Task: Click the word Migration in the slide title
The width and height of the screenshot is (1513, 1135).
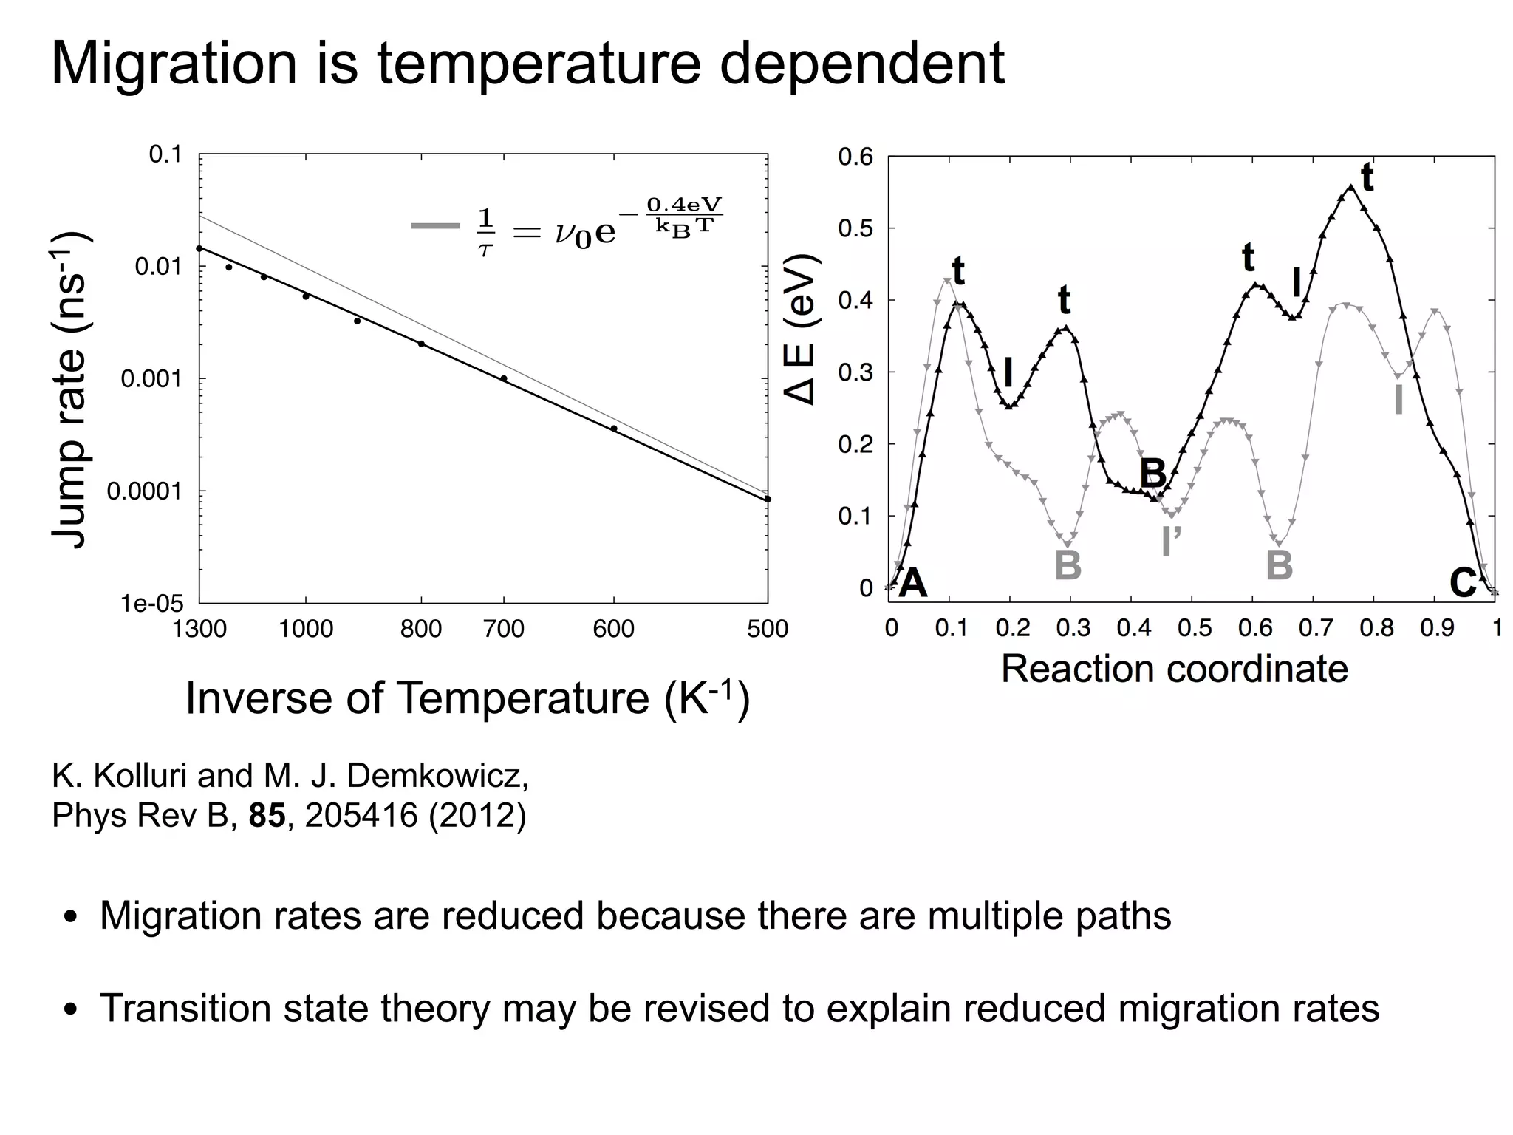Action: (174, 65)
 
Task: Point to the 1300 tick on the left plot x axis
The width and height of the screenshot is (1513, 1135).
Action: (199, 629)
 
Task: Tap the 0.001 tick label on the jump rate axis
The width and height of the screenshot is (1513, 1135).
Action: (151, 379)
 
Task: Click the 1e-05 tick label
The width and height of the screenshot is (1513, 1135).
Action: (151, 604)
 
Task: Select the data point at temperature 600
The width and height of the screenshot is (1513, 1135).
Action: (614, 429)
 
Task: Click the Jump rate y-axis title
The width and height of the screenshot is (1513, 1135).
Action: (70, 389)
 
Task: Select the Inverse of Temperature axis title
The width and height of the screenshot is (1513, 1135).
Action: (467, 698)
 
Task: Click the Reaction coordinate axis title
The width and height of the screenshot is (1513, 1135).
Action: (1174, 669)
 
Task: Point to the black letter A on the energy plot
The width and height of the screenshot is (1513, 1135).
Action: (913, 584)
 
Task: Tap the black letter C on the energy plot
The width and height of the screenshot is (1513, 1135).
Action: (1462, 584)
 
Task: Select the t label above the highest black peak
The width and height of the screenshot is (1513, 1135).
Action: (1367, 177)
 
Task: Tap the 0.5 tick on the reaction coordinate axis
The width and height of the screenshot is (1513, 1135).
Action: (1195, 629)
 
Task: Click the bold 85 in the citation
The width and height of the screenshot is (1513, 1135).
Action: (267, 815)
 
